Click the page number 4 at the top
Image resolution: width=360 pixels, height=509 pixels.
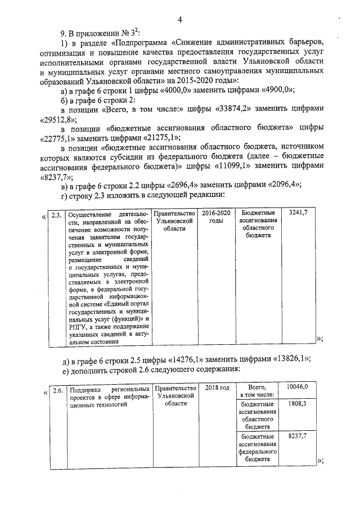pyautogui.click(x=180, y=20)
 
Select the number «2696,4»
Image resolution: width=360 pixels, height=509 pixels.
pyautogui.click(x=186, y=187)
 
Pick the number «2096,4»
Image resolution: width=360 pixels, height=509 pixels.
pyautogui.click(x=283, y=187)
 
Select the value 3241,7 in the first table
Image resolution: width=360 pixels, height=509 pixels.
pyautogui.click(x=298, y=213)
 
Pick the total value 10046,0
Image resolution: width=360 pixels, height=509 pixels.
pyautogui.click(x=298, y=388)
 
